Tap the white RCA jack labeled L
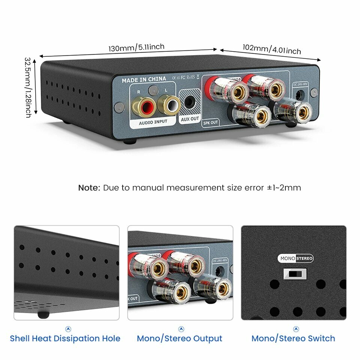(x=168, y=105)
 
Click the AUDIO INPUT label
(x=153, y=122)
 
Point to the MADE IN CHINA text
(x=144, y=79)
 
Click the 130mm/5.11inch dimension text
(x=136, y=48)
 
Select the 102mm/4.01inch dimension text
(x=271, y=49)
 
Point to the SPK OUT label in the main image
(x=211, y=122)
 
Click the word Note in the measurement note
(x=89, y=187)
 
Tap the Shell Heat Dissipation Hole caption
(x=65, y=339)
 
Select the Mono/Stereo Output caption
(x=180, y=339)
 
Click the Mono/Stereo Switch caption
(x=293, y=339)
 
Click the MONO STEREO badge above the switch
(x=295, y=258)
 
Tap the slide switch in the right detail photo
(x=295, y=274)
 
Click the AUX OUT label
(x=190, y=119)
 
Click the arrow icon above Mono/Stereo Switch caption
(x=296, y=329)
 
